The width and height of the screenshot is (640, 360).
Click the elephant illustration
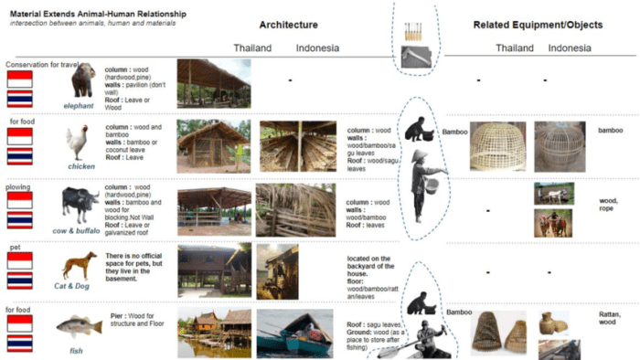point(84,80)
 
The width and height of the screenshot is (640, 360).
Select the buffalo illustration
point(80,201)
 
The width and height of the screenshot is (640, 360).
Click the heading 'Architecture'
point(288,25)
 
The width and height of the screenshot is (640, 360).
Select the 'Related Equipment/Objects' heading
point(538,25)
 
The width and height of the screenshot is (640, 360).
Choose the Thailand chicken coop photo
point(213,144)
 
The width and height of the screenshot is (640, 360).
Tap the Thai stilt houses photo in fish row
point(213,332)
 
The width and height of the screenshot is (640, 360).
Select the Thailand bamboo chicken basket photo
point(497,146)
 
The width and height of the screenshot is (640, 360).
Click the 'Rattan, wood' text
point(608,318)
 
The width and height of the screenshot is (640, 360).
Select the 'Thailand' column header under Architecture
point(252,48)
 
